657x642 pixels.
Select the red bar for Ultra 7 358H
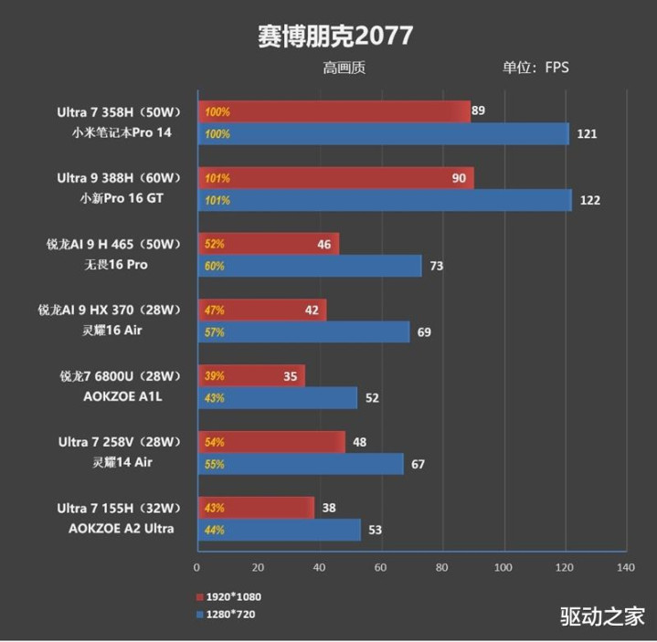click(334, 112)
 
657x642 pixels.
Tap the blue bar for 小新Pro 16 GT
click(384, 200)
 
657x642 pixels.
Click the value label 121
click(587, 134)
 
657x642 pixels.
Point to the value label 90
click(459, 178)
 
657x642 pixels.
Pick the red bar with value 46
click(268, 244)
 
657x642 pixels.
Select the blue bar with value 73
click(309, 266)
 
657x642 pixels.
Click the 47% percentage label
click(215, 310)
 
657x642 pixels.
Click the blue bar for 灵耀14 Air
click(300, 464)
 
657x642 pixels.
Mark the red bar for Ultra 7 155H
click(255, 508)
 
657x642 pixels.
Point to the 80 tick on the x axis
click(442, 568)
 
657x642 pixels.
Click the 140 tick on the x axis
click(625, 568)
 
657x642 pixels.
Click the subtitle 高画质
click(344, 68)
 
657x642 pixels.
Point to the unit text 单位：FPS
click(535, 68)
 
